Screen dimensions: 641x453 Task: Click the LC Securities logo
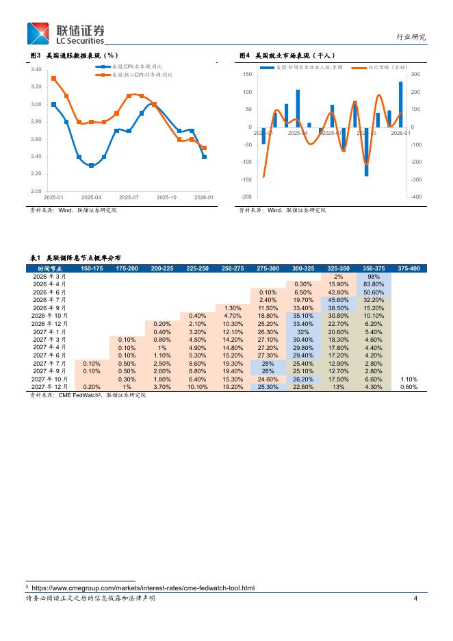66,34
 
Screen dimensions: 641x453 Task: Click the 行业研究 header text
411,37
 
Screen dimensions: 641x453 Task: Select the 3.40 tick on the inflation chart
36,70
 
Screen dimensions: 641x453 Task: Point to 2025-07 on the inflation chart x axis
129,197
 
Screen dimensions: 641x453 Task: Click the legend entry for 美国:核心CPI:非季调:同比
138,74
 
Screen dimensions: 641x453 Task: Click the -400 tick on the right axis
416,197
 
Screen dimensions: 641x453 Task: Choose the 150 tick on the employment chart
248,75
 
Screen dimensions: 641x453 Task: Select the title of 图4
287,55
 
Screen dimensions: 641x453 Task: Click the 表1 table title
75,257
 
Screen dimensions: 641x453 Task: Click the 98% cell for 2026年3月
374,276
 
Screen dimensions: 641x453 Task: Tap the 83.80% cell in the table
374,284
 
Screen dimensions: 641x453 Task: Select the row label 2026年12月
49,323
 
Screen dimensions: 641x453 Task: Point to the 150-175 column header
92,268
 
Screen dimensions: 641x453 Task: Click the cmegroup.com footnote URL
142,588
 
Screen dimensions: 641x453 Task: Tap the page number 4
415,599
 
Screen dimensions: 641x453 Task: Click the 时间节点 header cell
49,268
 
